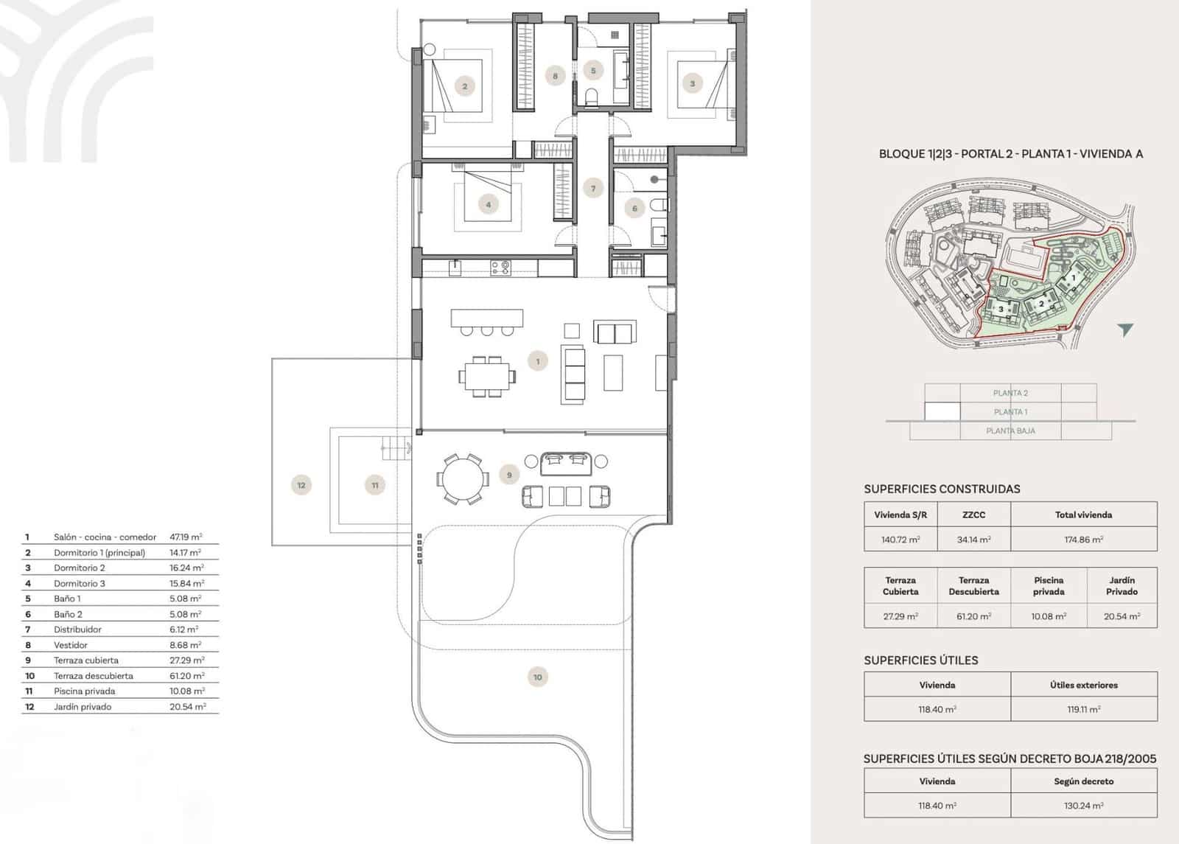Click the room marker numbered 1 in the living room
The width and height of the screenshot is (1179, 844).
(538, 361)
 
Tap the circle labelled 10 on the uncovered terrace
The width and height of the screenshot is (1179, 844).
(538, 677)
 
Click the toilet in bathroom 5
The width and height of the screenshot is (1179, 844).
(590, 97)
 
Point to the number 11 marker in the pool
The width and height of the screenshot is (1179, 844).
(375, 485)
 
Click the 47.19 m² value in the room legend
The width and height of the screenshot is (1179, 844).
(186, 537)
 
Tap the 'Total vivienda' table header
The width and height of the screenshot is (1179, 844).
(1083, 515)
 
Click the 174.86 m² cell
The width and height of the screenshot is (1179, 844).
(1083, 540)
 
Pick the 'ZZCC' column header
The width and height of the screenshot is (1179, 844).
(973, 515)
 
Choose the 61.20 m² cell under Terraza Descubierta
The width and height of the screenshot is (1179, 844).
(973, 616)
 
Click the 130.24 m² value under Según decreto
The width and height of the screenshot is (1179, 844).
(1083, 806)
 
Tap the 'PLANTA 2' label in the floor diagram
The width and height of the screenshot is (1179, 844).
(1010, 393)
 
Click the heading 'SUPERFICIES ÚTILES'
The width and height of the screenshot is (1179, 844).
(921, 660)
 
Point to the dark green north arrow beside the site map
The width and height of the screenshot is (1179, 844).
(1124, 329)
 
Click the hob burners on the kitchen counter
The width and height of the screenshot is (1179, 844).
(500, 267)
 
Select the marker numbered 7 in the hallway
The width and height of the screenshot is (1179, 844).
(593, 189)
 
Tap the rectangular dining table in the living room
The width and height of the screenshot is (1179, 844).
(486, 377)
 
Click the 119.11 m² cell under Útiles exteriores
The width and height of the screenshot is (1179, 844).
(1083, 709)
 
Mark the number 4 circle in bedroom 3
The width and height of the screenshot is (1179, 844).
(488, 205)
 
